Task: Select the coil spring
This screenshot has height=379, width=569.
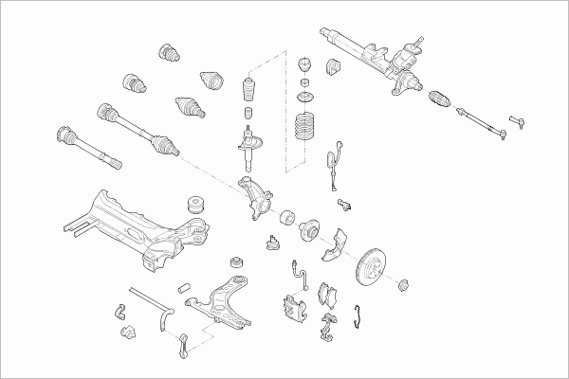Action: click(304, 129)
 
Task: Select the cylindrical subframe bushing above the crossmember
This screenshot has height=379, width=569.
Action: click(196, 204)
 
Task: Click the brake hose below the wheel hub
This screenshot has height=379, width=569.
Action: click(302, 275)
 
